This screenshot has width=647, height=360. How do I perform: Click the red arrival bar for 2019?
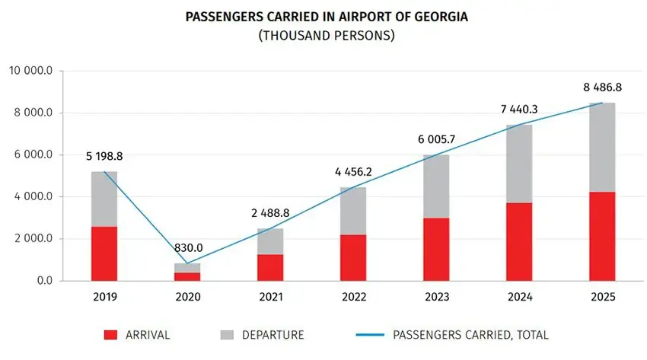point(104,253)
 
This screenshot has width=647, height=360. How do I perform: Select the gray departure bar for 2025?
point(602,147)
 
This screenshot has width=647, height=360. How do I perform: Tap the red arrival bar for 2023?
point(436,249)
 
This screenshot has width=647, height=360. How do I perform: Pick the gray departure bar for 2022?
point(353,211)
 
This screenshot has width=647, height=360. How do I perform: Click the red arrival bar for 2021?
point(270,267)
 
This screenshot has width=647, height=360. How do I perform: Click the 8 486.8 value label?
point(602,85)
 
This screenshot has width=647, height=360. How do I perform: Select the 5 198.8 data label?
point(104,156)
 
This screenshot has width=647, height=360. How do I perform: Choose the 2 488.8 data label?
point(270,214)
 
